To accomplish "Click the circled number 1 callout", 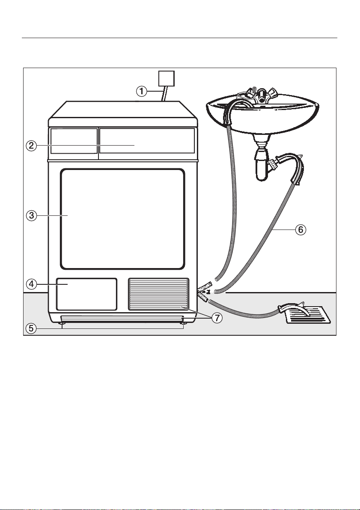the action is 141,92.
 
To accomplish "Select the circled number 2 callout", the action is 31,146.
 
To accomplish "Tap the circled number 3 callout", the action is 31,216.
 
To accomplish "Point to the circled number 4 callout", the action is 31,284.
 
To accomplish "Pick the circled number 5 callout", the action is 31,328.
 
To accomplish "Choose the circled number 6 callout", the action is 300,230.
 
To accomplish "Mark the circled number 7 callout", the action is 217,318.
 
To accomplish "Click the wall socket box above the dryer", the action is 166,78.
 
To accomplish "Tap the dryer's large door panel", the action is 122,218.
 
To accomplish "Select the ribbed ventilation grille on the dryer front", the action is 159,294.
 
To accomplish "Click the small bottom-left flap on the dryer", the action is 86,294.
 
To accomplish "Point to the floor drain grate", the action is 308,315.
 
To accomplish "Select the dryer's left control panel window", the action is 74,140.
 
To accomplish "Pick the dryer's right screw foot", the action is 184,323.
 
